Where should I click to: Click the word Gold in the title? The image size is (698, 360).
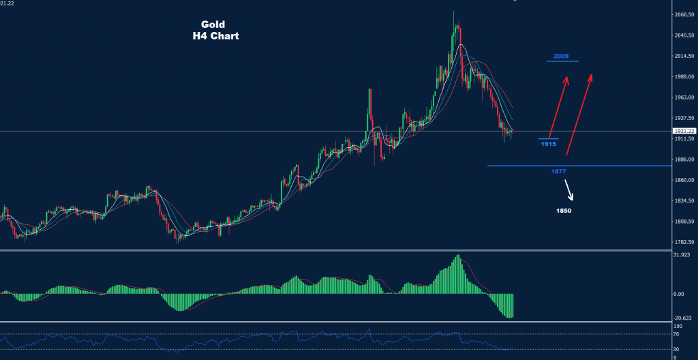(x=213, y=24)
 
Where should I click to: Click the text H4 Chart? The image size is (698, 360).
(x=215, y=36)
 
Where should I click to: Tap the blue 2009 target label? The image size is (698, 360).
(x=562, y=56)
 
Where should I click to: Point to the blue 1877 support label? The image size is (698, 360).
(x=559, y=171)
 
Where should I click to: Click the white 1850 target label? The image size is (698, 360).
(x=563, y=211)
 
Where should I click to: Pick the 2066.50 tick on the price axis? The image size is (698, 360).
(x=684, y=14)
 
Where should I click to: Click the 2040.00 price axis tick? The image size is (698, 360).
(x=684, y=35)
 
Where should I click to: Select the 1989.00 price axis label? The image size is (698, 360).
(x=684, y=77)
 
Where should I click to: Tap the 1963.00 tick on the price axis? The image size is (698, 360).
(x=684, y=97)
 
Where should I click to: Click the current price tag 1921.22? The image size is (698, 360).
(x=684, y=131)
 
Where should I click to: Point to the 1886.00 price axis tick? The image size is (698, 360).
(x=684, y=160)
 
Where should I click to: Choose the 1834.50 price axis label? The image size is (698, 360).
(x=684, y=201)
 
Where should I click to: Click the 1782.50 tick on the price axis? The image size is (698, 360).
(x=684, y=242)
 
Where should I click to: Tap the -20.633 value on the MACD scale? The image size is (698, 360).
(x=682, y=318)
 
